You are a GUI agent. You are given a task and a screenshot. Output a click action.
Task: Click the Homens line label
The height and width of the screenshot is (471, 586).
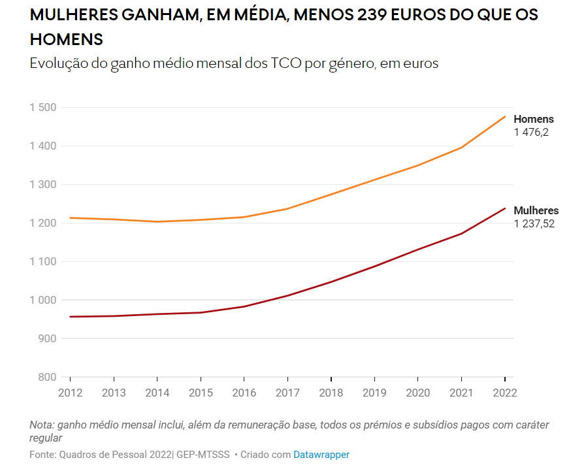coord(533,120)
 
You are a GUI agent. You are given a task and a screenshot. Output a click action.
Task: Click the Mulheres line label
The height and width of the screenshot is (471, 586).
coord(536,211)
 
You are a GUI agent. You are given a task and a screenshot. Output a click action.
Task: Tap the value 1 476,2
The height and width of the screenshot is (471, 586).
coord(530,133)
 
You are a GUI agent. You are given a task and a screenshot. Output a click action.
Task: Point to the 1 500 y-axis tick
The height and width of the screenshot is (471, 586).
coord(43,107)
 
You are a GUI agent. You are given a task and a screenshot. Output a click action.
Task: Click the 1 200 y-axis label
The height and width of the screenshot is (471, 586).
coord(43,223)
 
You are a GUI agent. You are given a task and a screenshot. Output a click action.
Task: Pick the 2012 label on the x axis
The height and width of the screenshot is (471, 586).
coord(70,393)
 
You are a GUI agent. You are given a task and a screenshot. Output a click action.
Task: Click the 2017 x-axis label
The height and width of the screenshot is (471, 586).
coord(287,393)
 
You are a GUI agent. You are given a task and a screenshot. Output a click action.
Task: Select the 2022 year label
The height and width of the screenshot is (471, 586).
coord(505,393)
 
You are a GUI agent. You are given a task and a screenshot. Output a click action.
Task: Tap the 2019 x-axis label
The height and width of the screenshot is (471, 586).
coord(374,393)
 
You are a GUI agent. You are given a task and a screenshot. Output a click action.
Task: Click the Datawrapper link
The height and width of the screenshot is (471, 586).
coord(321,455)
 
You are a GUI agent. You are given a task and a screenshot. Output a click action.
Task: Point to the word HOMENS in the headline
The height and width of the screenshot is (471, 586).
coord(67,39)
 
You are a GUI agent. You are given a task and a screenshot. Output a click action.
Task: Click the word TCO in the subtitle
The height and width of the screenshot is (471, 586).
coord(285,64)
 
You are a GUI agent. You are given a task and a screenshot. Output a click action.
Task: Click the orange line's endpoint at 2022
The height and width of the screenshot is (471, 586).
coord(505,117)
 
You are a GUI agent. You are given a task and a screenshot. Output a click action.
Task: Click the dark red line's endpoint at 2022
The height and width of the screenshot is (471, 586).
coord(505,208)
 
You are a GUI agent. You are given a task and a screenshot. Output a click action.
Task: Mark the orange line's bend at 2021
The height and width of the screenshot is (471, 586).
coord(461,148)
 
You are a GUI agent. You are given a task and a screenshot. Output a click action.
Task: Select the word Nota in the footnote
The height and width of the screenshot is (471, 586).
coord(41,425)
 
